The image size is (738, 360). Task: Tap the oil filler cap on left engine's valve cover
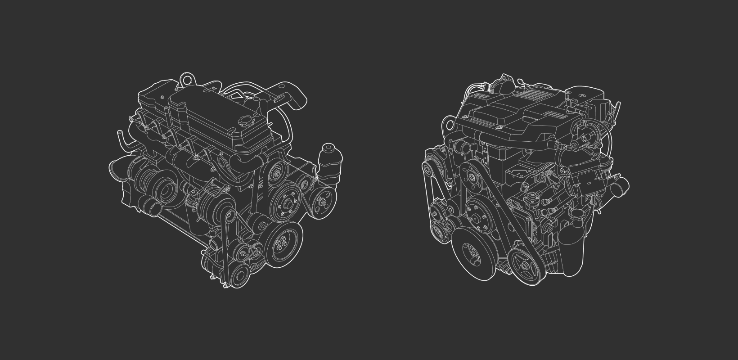pyautogui.click(x=247, y=121)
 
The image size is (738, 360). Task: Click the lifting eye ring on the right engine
pyautogui.click(x=448, y=123)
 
